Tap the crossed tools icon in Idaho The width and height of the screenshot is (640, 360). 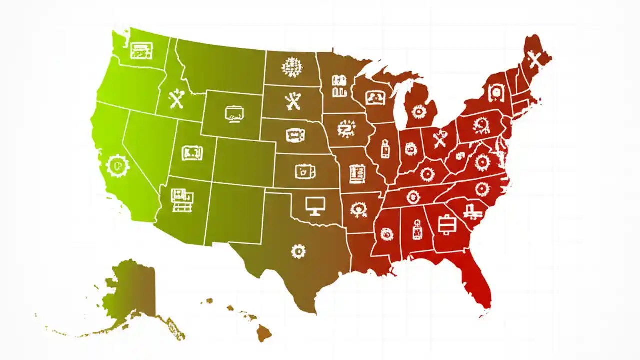tap(177, 99)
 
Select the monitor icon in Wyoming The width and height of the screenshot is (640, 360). tap(234, 114)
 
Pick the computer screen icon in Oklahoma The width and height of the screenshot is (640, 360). tap(315, 205)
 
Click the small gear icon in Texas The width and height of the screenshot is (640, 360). tap(298, 251)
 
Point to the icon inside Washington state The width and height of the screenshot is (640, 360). tap(141, 50)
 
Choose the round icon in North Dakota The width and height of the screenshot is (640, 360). tap(292, 67)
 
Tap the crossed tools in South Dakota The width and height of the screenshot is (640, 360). tap(293, 101)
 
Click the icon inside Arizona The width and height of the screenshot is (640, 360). tap(182, 200)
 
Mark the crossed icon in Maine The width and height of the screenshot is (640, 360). tap(535, 60)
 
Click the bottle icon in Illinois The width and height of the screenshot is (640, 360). tap(385, 148)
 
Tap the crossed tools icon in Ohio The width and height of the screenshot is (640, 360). tap(440, 138)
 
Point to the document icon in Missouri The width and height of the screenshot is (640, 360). tap(357, 174)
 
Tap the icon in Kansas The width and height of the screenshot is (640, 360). tap(304, 171)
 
